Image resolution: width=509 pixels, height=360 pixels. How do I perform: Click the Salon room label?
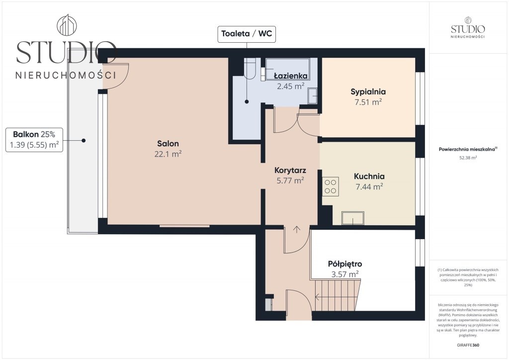point(168,144)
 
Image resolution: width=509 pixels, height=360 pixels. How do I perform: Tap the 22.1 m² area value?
point(168,154)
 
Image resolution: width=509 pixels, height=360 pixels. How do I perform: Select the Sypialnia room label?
point(368,92)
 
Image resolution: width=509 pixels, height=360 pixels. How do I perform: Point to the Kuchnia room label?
point(369,176)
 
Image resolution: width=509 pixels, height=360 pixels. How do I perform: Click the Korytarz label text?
point(290,170)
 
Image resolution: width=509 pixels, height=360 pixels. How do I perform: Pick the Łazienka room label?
point(290,76)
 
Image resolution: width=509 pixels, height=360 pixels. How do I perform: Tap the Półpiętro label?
point(345,264)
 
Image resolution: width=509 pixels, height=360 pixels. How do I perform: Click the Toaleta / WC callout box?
point(247,34)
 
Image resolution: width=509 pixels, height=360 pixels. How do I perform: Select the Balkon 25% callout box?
point(34,140)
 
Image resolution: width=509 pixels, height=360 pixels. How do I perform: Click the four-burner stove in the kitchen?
point(330,186)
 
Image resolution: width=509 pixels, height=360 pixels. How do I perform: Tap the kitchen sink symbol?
point(353,218)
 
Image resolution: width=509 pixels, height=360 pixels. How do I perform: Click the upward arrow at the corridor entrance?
point(297,229)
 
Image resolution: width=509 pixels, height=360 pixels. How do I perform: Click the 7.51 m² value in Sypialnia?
point(368,102)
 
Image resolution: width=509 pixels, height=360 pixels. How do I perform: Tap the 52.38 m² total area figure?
point(467,158)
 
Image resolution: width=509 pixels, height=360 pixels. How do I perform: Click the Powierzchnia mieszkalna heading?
point(468,149)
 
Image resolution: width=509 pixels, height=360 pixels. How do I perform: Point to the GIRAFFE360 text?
point(468,345)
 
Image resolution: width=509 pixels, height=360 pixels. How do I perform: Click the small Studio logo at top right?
point(468,27)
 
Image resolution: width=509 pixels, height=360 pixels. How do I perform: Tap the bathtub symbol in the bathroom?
point(287,69)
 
